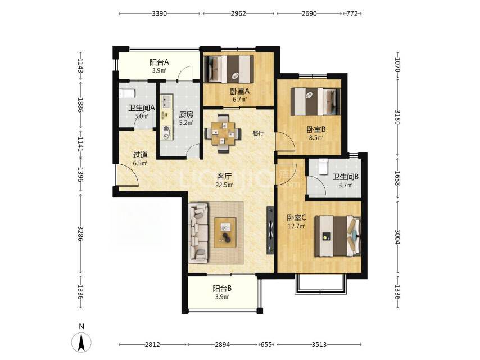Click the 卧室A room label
(240, 91)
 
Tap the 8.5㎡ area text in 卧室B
(316, 138)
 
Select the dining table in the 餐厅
(223, 133)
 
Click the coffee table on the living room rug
(225, 232)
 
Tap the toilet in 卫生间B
(323, 166)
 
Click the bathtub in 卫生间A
(126, 93)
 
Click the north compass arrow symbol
(81, 342)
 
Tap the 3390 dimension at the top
(159, 14)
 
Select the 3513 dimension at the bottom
(319, 345)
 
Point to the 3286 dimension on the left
(80, 233)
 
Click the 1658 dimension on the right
(397, 178)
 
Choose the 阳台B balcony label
(222, 289)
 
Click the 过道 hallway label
(140, 155)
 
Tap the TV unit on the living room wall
(270, 230)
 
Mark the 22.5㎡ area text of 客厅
(225, 184)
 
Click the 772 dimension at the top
(352, 14)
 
